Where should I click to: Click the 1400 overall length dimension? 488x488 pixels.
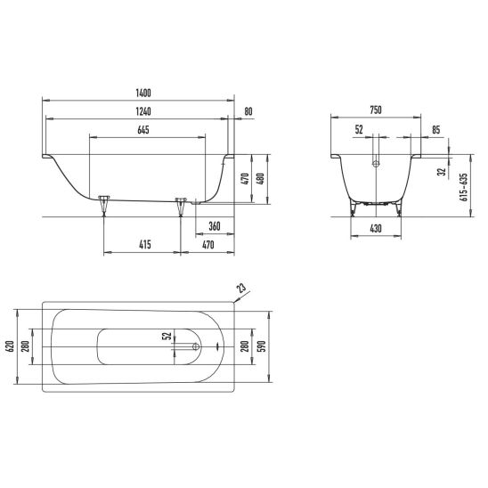[143, 93]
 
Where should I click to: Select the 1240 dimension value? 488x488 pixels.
[143, 111]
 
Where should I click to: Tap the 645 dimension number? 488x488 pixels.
[143, 130]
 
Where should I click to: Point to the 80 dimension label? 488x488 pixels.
[248, 111]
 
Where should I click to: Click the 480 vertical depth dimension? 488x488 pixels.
[260, 179]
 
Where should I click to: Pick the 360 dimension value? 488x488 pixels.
[215, 226]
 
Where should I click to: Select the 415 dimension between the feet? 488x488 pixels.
[145, 245]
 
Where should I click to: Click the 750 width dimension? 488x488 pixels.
[376, 110]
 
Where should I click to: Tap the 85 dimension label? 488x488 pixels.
[436, 130]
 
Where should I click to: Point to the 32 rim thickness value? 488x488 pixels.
[442, 172]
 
